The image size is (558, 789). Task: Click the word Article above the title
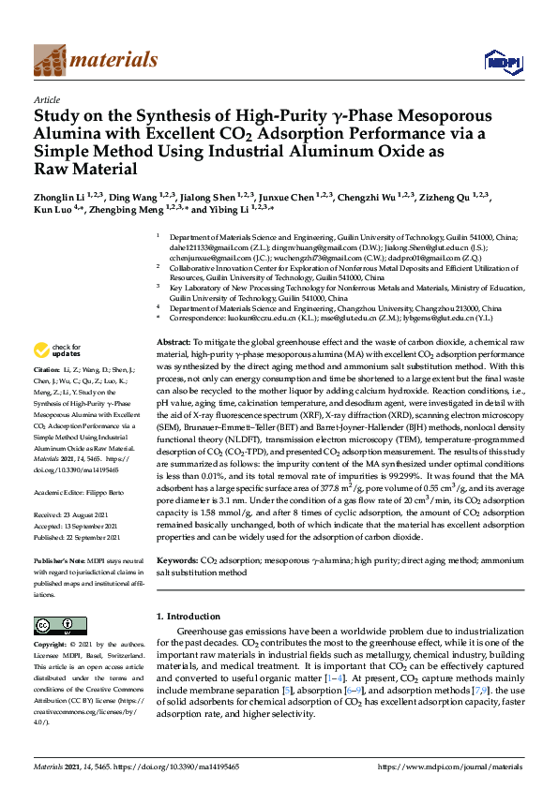tap(46, 98)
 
